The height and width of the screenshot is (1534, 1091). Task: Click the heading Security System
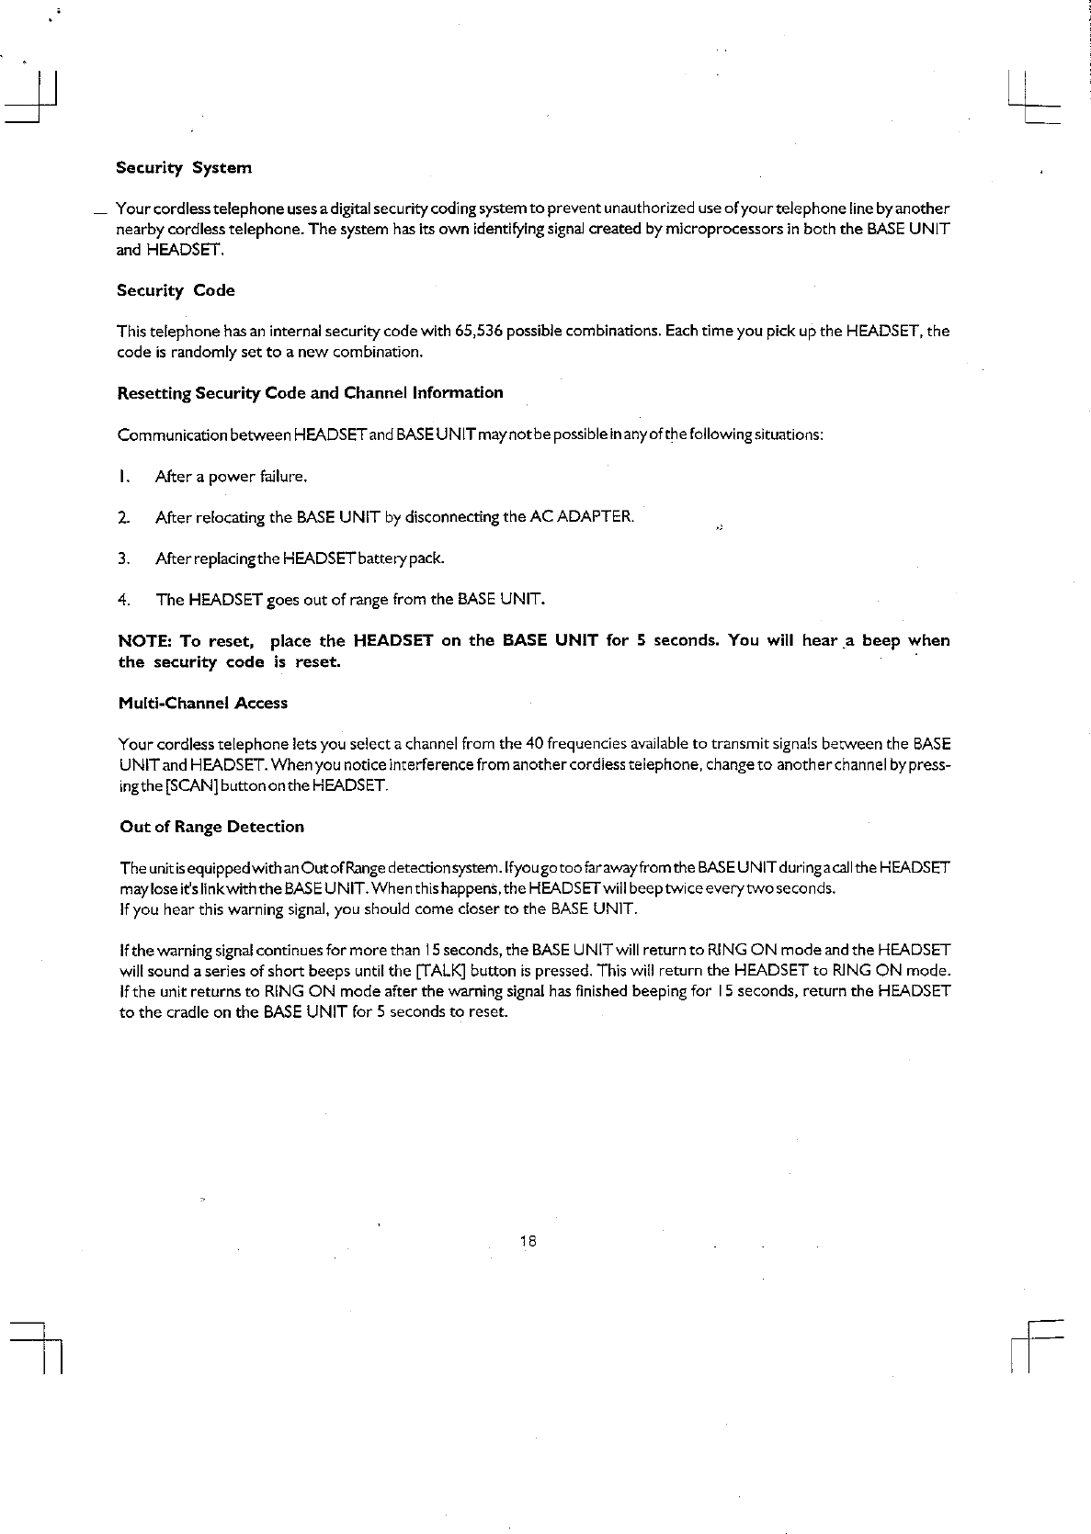pos(184,168)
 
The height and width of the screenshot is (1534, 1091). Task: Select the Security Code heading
pos(176,290)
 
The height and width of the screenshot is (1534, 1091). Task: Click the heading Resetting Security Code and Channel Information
pos(311,393)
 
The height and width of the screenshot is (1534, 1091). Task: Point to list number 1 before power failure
pos(122,477)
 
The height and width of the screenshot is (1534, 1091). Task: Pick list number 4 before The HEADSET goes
pos(122,600)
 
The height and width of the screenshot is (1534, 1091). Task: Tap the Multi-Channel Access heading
pos(203,704)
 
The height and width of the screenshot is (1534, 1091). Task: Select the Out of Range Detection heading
pos(211,827)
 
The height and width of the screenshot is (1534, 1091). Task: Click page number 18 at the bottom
pos(528,1241)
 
